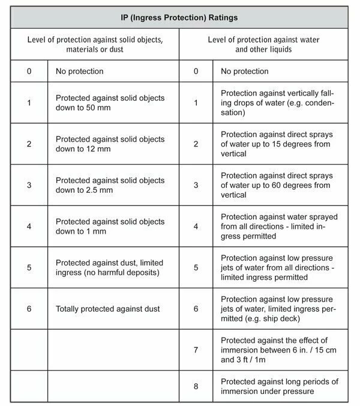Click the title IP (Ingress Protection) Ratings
179,18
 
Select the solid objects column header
95,45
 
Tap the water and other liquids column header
263,45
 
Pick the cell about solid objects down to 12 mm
110,144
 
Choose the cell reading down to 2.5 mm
110,185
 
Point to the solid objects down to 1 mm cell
110,226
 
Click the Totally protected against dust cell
107,309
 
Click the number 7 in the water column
195,350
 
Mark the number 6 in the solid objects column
28,309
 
